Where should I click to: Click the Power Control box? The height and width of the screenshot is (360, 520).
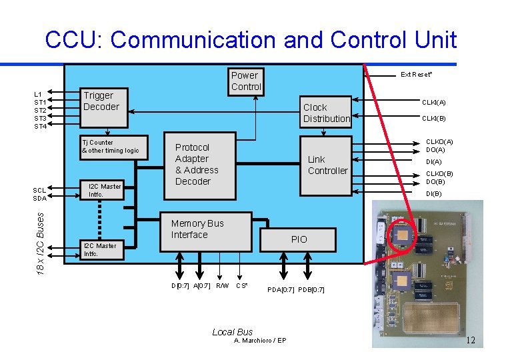click(246, 81)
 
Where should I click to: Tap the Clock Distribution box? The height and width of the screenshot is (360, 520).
click(325, 112)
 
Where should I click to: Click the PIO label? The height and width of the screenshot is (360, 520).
click(299, 239)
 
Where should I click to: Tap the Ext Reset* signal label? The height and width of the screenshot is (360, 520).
click(416, 74)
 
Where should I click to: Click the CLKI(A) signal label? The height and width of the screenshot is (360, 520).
click(433, 102)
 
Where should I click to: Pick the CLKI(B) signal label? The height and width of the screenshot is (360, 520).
click(433, 119)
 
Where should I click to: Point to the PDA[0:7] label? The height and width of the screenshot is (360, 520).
click(281, 289)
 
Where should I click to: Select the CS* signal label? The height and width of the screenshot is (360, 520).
click(242, 286)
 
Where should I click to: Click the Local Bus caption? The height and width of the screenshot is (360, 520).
click(232, 331)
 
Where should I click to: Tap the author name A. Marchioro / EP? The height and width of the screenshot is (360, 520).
click(260, 341)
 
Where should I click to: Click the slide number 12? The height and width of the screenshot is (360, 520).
click(470, 341)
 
